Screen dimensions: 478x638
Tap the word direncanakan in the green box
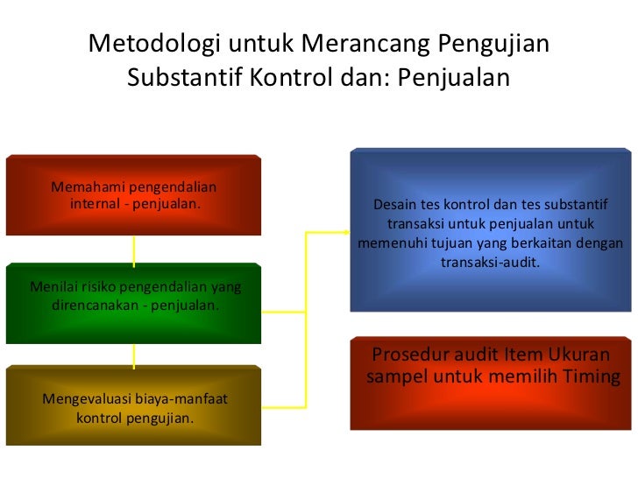coord(96,306)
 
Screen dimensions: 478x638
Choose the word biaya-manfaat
coord(180,399)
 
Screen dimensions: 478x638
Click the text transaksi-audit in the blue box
coord(490,261)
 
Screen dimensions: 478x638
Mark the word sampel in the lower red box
coord(394,377)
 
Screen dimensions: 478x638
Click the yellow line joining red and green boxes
coord(133,250)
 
